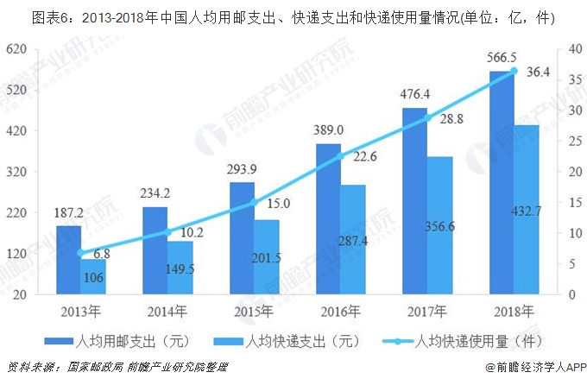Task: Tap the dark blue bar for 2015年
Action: (x=242, y=237)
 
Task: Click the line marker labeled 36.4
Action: (x=514, y=72)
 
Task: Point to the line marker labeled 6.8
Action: (x=81, y=253)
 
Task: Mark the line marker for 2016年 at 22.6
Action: (x=341, y=156)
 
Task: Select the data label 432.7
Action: (x=527, y=234)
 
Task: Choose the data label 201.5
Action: (x=267, y=258)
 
